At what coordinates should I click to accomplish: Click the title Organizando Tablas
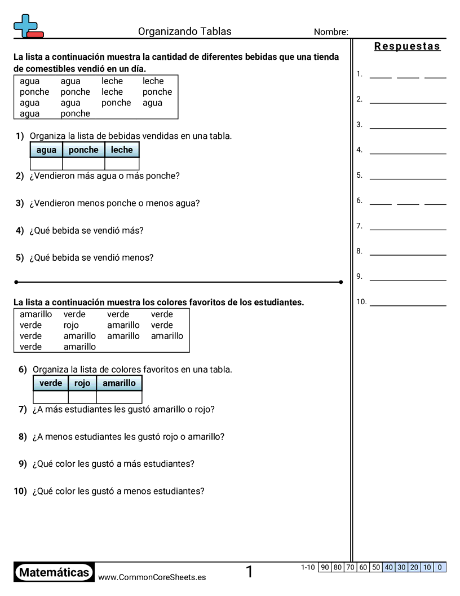184,32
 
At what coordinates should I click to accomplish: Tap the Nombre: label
331,32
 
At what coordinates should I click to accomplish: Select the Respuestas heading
407,46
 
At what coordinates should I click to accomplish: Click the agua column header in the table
46,150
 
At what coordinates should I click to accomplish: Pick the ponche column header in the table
83,150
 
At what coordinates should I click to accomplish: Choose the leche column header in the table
122,150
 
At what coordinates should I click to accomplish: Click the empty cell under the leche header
122,164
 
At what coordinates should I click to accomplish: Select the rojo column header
82,383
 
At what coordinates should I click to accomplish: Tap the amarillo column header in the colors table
119,383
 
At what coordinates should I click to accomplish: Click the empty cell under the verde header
51,397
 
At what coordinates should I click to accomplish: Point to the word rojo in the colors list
71,325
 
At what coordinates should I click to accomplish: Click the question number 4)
20,230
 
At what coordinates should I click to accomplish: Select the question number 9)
23,464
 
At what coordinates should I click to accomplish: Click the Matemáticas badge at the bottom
54,573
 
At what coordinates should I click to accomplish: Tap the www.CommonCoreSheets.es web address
152,577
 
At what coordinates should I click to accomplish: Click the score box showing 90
325,567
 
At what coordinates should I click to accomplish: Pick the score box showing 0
440,567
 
